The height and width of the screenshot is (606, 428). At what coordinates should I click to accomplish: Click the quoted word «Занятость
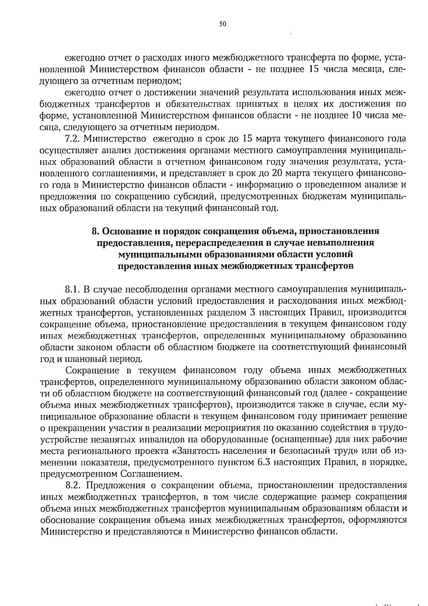(x=202, y=451)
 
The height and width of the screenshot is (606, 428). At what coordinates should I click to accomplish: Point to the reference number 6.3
(x=265, y=462)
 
